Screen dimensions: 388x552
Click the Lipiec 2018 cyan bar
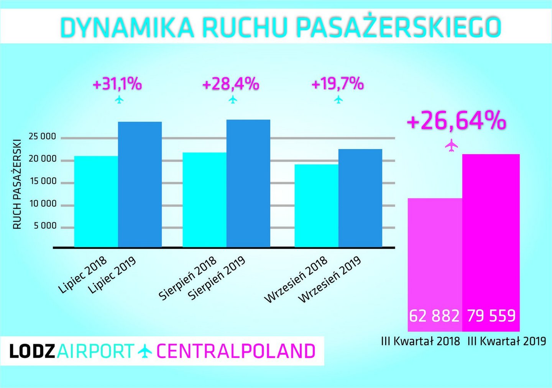coord(96,201)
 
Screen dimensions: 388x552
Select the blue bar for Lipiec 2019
coord(140,184)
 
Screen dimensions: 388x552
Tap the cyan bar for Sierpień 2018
coord(204,200)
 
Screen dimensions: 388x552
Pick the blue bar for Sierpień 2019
coord(248,183)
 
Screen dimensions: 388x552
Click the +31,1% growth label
coord(117,84)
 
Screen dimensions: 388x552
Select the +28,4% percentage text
coord(231,84)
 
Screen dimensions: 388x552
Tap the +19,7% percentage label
coord(338,83)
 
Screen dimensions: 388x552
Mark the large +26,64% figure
coord(456,120)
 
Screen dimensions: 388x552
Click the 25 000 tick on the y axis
coord(42,137)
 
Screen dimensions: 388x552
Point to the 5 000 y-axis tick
coord(45,226)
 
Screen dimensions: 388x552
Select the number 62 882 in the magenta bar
coord(434,316)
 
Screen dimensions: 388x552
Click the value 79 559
coord(491,316)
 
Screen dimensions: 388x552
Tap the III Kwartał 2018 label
coord(421,341)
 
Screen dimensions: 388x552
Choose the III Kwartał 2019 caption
coord(507,341)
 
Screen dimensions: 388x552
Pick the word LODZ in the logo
coord(32,351)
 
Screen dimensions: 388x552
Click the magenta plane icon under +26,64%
coord(452,145)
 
